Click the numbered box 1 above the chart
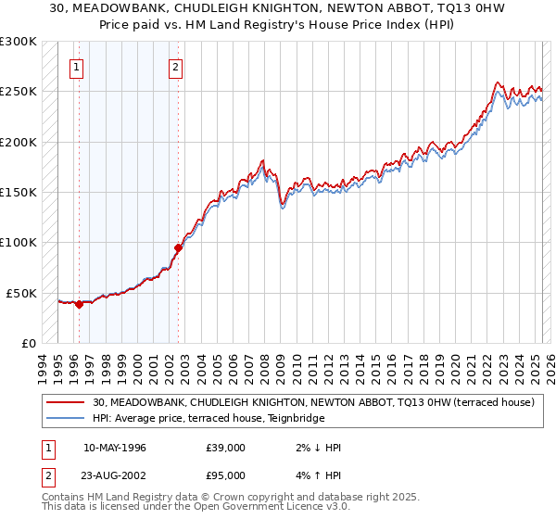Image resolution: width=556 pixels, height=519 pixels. (77, 67)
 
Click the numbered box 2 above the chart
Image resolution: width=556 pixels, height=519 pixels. (175, 67)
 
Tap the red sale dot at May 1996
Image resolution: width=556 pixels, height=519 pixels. (80, 304)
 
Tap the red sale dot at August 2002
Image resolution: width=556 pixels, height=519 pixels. (178, 247)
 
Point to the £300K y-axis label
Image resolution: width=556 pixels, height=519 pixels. (19, 43)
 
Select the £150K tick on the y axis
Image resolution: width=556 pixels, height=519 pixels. (19, 193)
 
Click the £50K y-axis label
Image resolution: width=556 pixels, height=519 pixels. (22, 293)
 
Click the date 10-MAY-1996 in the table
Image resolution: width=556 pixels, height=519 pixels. (115, 448)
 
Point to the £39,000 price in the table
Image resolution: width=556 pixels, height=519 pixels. (226, 448)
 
